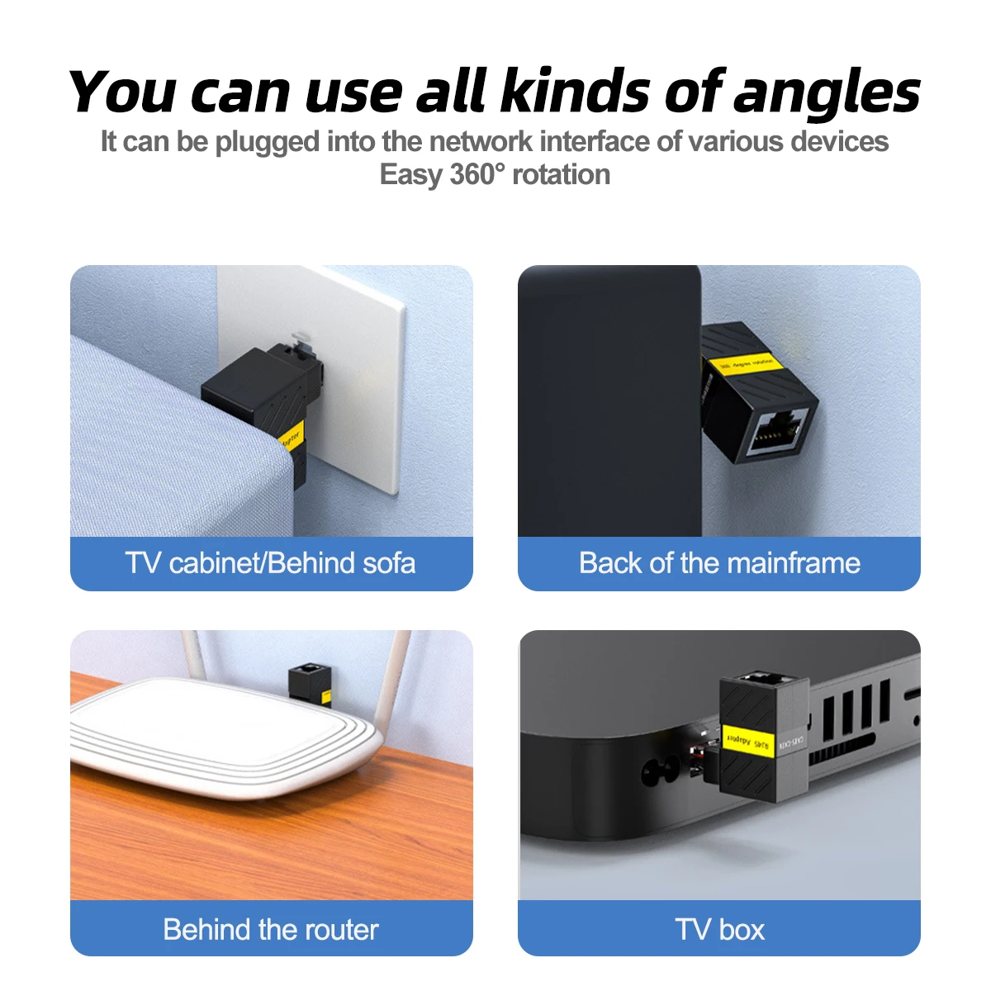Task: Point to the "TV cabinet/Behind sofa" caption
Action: click(x=271, y=563)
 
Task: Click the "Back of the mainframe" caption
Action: click(x=719, y=563)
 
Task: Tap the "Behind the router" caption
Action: click(x=271, y=929)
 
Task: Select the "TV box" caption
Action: click(x=719, y=929)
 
